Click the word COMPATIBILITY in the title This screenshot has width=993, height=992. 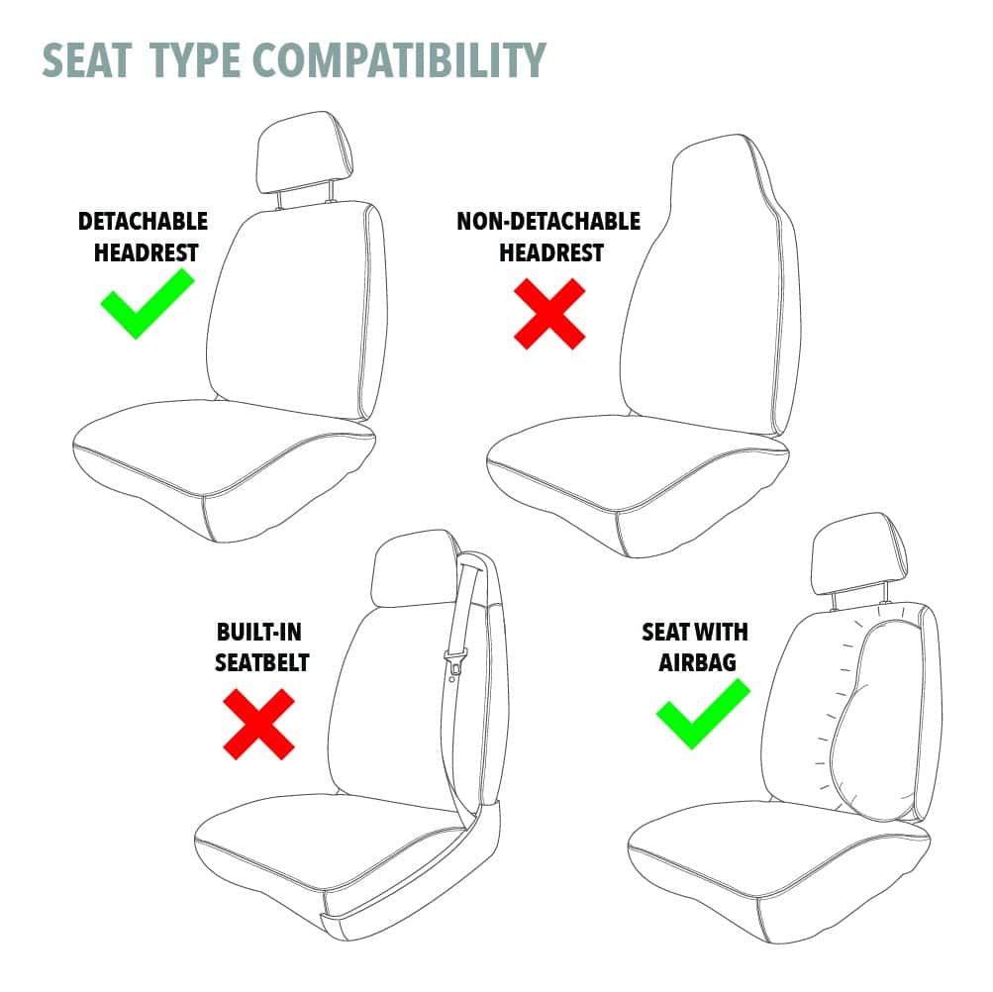pyautogui.click(x=399, y=60)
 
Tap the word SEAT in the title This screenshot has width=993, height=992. pyautogui.click(x=87, y=60)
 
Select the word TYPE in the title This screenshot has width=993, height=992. pyautogui.click(x=195, y=60)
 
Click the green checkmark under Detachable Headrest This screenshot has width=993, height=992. pyautogui.click(x=147, y=303)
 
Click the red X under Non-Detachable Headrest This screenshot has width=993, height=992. pyautogui.click(x=549, y=314)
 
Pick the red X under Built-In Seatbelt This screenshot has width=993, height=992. pyautogui.click(x=258, y=724)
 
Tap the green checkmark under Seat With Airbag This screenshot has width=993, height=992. pyautogui.click(x=703, y=713)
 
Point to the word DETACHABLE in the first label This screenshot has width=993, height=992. pyautogui.click(x=144, y=221)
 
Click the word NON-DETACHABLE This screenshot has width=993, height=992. pyautogui.click(x=548, y=221)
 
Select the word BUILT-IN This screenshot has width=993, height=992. pyautogui.click(x=259, y=632)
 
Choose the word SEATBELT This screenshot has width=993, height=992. pyautogui.click(x=261, y=662)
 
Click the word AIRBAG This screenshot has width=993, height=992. pyautogui.click(x=697, y=662)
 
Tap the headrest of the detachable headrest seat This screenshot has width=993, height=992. pyautogui.click(x=305, y=152)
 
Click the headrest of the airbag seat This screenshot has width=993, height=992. pyautogui.click(x=859, y=553)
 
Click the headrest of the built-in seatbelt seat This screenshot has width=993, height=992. pyautogui.click(x=415, y=568)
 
